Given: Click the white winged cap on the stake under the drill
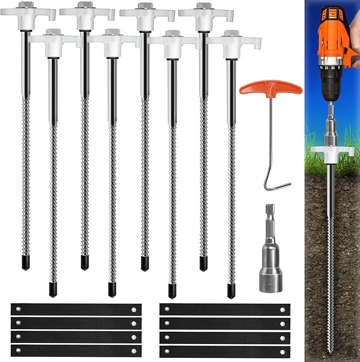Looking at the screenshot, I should (x=332, y=151).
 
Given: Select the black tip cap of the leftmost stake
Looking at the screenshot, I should (x=26, y=263).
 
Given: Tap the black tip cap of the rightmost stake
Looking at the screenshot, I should (x=231, y=290).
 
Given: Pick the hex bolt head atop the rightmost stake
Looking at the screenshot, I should (x=231, y=33).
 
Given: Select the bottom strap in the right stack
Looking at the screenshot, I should (x=224, y=350).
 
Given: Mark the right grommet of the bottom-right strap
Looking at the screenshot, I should (x=282, y=350).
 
